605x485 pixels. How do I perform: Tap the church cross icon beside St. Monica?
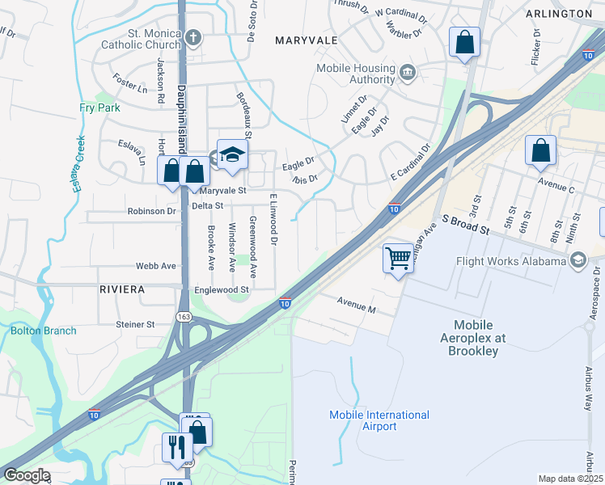tap(192, 36)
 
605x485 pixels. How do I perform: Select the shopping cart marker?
tap(397, 259)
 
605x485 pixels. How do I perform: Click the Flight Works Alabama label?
tap(510, 261)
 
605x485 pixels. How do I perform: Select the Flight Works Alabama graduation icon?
tap(577, 260)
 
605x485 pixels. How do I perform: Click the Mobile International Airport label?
tap(379, 420)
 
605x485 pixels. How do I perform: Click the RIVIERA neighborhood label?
tap(122, 289)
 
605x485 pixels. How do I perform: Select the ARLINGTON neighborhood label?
tap(558, 14)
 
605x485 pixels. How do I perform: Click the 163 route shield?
tap(185, 318)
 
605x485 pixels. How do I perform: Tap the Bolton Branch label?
tap(44, 330)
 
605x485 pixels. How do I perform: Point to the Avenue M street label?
tap(357, 308)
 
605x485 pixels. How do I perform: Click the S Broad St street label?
tap(465, 226)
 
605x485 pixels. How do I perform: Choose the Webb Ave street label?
tap(156, 266)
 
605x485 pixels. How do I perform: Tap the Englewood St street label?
tap(221, 289)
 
